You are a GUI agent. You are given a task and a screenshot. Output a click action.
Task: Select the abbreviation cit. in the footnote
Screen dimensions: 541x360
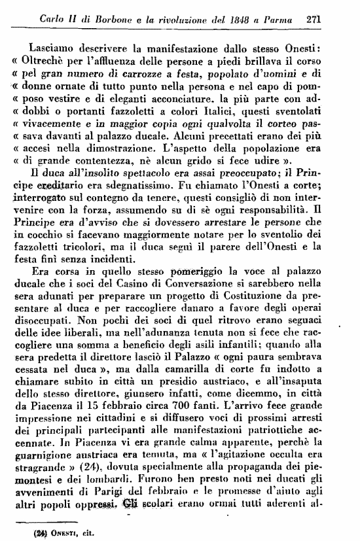[84, 532]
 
